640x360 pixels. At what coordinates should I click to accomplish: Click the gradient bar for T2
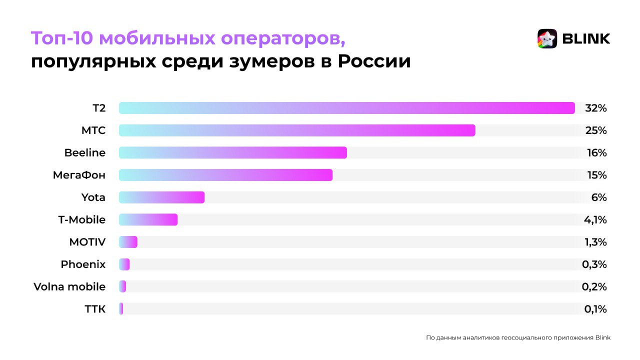pyautogui.click(x=346, y=108)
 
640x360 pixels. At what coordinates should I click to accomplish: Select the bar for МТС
pyautogui.click(x=297, y=130)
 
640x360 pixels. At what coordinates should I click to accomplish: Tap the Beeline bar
pyautogui.click(x=232, y=152)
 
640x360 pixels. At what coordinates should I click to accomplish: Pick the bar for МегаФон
pyautogui.click(x=225, y=175)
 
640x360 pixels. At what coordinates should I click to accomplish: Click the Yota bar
pyautogui.click(x=161, y=197)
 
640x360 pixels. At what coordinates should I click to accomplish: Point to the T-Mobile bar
pyautogui.click(x=148, y=219)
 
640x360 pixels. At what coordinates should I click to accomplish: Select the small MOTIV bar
pyautogui.click(x=128, y=242)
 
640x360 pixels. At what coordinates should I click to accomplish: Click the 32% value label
pyautogui.click(x=596, y=108)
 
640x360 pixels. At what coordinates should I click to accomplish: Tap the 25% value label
pyautogui.click(x=596, y=130)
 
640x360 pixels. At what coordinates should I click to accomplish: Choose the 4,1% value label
pyautogui.click(x=595, y=219)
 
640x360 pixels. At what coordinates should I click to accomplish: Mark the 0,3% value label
pyautogui.click(x=594, y=264)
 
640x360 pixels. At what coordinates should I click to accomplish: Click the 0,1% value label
pyautogui.click(x=595, y=309)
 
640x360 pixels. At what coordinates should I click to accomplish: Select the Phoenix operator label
pyautogui.click(x=83, y=264)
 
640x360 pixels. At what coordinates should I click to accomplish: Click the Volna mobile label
pyautogui.click(x=69, y=286)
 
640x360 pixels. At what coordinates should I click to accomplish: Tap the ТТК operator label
pyautogui.click(x=95, y=309)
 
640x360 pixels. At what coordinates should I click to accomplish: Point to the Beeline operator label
pyautogui.click(x=85, y=152)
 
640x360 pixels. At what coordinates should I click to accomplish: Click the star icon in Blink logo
pyautogui.click(x=547, y=38)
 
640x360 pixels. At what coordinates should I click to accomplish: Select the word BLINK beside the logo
pyautogui.click(x=586, y=38)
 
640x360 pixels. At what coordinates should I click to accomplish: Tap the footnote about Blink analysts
pyautogui.click(x=518, y=337)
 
